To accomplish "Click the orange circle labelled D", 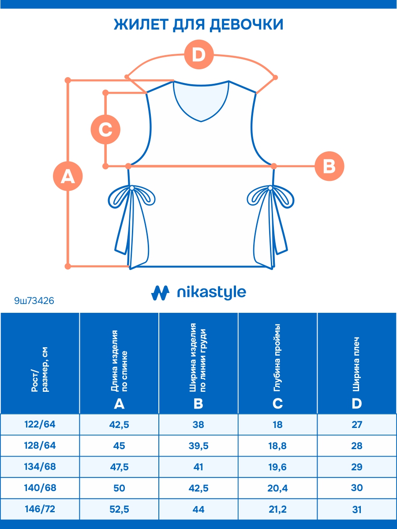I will [199, 55].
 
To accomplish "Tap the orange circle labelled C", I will [105, 130].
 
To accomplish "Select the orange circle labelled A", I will [67, 176].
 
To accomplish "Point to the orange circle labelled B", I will [329, 166].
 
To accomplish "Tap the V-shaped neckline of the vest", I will [201, 101].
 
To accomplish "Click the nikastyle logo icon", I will [161, 293].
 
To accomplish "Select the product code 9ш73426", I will [34, 301].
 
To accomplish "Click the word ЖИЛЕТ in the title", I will [140, 25].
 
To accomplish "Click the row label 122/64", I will [40, 424].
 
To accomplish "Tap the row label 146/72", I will [40, 509].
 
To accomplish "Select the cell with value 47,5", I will [119, 467].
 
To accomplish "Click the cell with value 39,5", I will [198, 446].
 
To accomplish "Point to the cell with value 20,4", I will [278, 488].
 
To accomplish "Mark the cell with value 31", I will [357, 509].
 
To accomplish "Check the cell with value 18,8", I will [278, 446].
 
